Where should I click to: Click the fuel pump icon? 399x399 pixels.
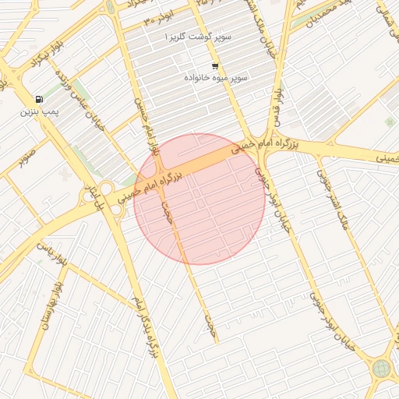39,99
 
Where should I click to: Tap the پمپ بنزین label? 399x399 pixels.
39,112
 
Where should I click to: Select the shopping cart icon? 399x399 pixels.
215,66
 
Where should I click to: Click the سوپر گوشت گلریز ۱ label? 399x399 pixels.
200,37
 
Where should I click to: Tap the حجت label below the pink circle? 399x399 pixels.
209,324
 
